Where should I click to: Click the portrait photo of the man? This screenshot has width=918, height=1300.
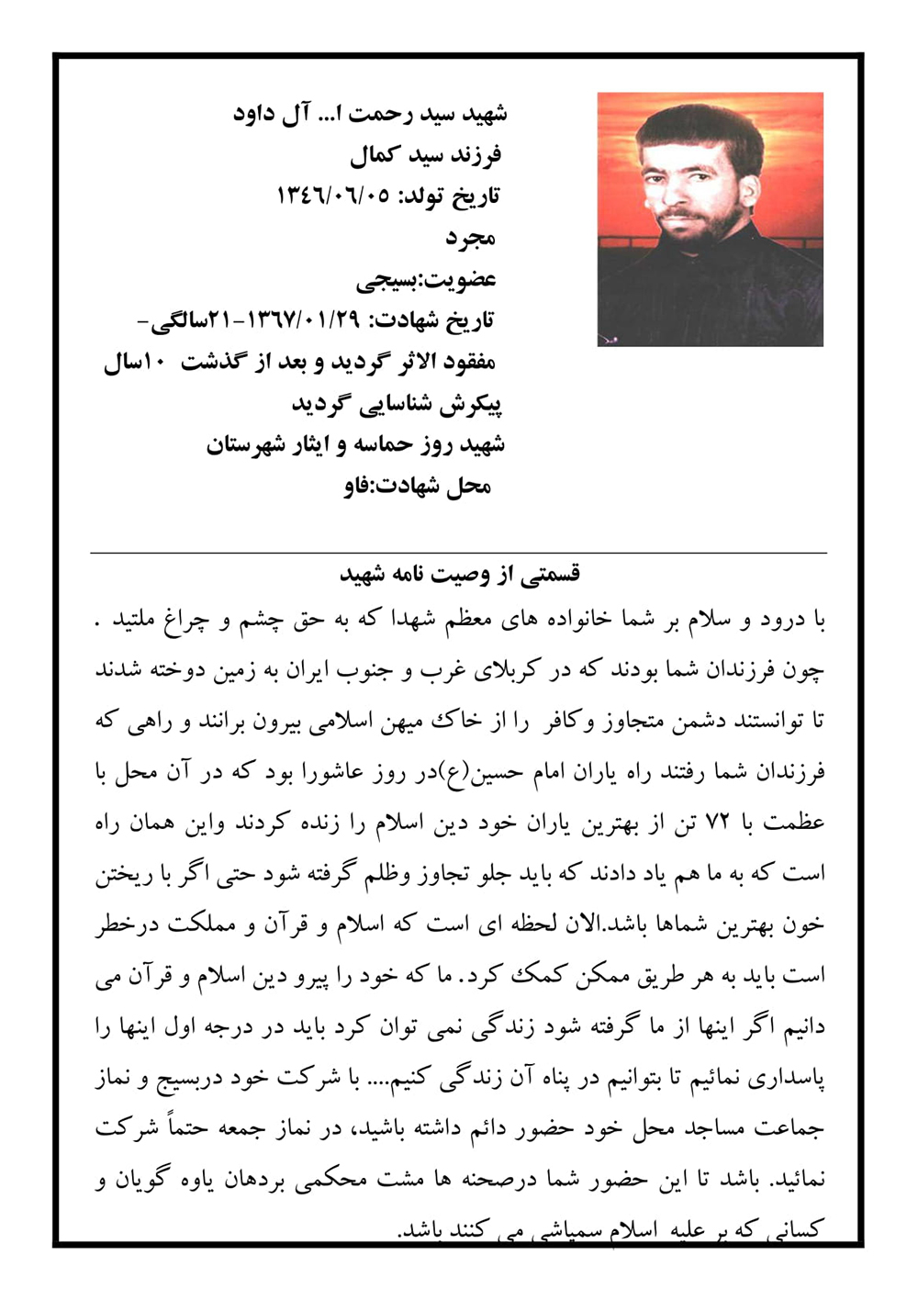[710, 219]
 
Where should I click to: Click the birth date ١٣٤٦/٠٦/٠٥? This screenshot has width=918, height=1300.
[334, 196]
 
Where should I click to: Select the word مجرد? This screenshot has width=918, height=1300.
[470, 238]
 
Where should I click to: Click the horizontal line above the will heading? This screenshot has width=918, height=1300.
[459, 553]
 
